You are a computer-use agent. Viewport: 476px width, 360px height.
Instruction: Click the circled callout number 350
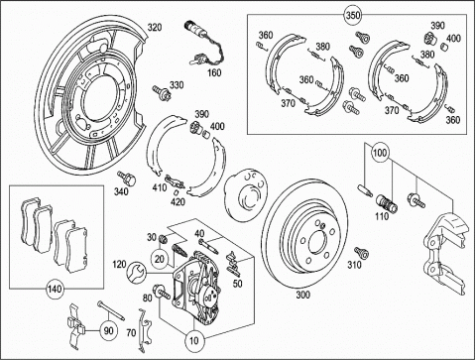[353, 15]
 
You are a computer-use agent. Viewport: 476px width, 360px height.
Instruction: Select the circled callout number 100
[380, 153]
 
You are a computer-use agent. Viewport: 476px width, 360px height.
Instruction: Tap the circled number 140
[55, 289]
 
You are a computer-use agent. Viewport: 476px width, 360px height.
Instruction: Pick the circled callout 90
[109, 330]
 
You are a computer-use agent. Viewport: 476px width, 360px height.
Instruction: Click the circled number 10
[194, 340]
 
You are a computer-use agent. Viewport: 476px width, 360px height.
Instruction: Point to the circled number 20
[160, 259]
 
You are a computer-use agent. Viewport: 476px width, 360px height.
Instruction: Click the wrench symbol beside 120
[136, 272]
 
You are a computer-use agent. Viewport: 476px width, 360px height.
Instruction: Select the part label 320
[155, 27]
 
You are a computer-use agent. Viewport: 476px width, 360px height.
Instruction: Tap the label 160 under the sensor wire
[214, 72]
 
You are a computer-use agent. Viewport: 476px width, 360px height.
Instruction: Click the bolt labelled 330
[161, 92]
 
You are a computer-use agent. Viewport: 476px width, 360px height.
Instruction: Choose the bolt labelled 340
[127, 178]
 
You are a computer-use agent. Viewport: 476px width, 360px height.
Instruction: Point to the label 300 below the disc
[302, 295]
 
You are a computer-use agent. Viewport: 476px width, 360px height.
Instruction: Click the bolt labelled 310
[361, 253]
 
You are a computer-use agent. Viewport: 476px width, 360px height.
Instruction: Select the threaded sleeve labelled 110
[387, 202]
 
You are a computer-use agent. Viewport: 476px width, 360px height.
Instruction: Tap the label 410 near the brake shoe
[160, 187]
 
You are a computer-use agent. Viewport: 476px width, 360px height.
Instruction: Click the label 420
[178, 201]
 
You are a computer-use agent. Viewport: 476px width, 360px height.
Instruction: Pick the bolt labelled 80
[162, 292]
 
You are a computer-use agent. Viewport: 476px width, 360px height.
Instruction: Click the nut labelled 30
[162, 237]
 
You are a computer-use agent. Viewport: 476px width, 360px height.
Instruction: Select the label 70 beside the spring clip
[131, 332]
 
